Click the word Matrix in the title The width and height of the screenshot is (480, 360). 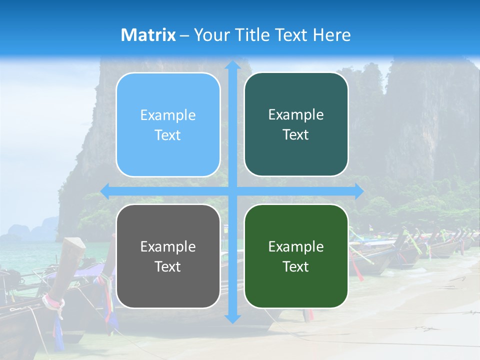(148, 35)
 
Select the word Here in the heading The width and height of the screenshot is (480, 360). (331, 35)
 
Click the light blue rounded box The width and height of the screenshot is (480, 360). (168, 124)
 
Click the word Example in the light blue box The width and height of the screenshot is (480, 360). (168, 115)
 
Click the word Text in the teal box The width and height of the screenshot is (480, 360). (296, 135)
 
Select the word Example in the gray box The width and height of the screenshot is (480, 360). (168, 246)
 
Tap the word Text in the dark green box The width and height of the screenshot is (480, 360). (296, 266)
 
